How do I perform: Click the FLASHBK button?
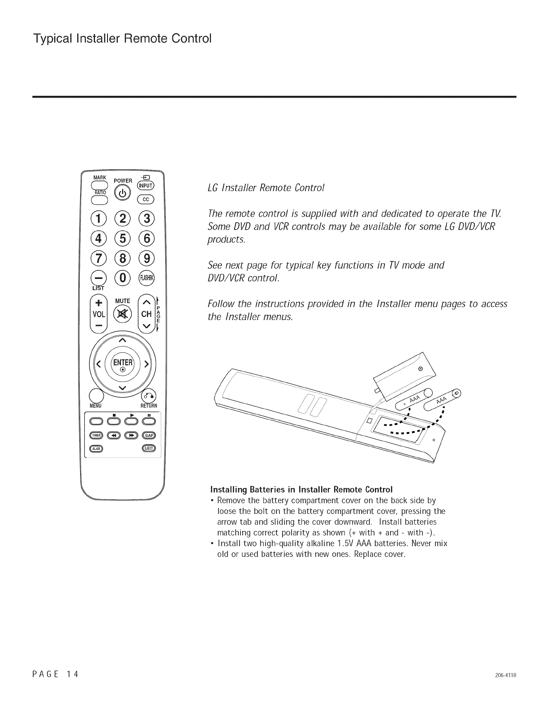pyautogui.click(x=147, y=278)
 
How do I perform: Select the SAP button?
pyautogui.click(x=148, y=435)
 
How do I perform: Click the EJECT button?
pyautogui.click(x=148, y=449)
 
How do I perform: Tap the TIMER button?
pyautogui.click(x=97, y=435)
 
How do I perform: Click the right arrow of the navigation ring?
pyautogui.click(x=146, y=363)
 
